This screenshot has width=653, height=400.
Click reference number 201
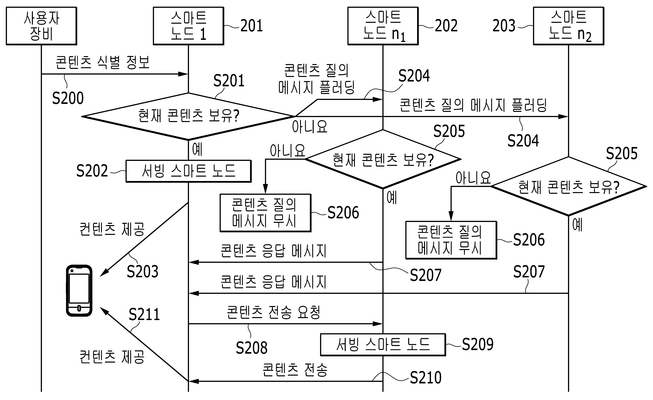(251, 26)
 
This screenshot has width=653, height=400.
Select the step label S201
(229, 81)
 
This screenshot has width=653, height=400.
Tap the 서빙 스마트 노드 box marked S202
(188, 171)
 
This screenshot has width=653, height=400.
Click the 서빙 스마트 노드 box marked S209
(383, 345)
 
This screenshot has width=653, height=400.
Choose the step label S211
(144, 315)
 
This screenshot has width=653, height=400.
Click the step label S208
(251, 348)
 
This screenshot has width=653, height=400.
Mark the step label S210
(426, 378)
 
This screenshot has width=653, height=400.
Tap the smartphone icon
(79, 291)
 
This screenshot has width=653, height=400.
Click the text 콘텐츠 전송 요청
(273, 312)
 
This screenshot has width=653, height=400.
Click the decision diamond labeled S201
(188, 116)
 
